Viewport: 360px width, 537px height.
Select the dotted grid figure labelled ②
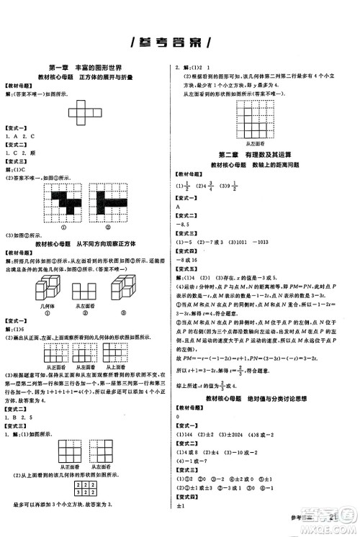[109, 198]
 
